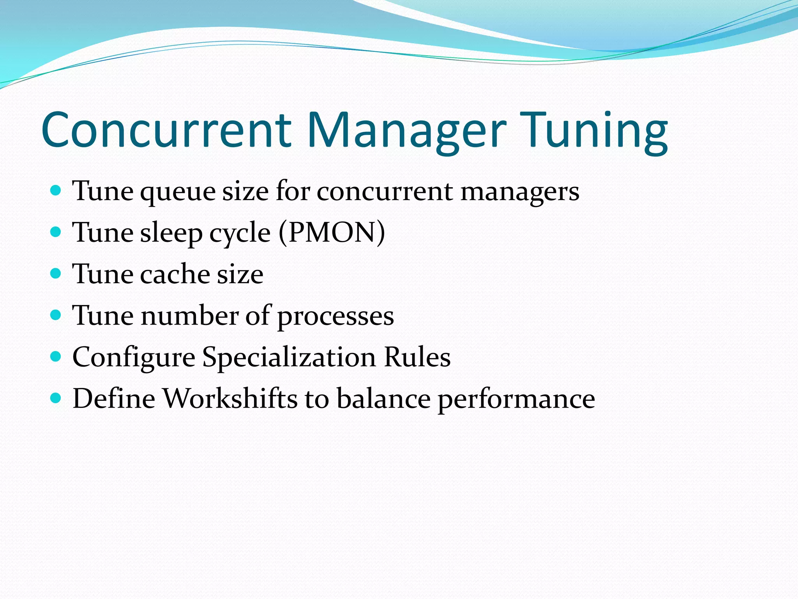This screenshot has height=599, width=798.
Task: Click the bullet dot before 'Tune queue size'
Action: click(56, 190)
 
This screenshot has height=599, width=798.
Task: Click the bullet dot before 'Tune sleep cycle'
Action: click(56, 232)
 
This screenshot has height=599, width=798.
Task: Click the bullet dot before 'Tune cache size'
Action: click(56, 273)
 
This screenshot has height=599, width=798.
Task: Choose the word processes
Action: click(335, 317)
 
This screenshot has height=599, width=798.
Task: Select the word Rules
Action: click(417, 357)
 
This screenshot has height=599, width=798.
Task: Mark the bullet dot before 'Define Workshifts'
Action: click(56, 398)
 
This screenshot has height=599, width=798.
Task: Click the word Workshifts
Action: click(230, 399)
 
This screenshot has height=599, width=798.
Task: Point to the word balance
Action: click(383, 399)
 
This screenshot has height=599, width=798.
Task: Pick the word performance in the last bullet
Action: click(516, 400)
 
